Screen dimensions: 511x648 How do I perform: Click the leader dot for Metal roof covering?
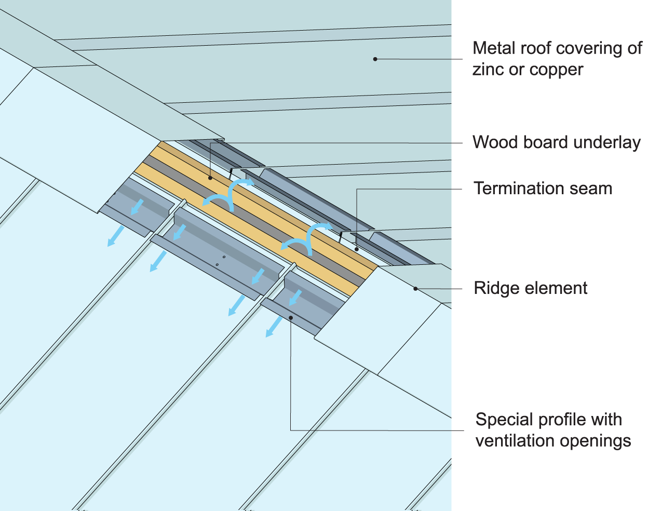[x=375, y=59]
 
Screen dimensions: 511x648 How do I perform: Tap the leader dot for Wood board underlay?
[x=210, y=178]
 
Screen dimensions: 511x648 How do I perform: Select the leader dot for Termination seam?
[x=357, y=249]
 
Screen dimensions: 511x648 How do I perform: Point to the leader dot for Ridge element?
[x=415, y=288]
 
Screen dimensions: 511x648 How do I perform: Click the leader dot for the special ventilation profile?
[x=291, y=318]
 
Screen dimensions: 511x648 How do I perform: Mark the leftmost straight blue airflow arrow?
[x=115, y=236]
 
